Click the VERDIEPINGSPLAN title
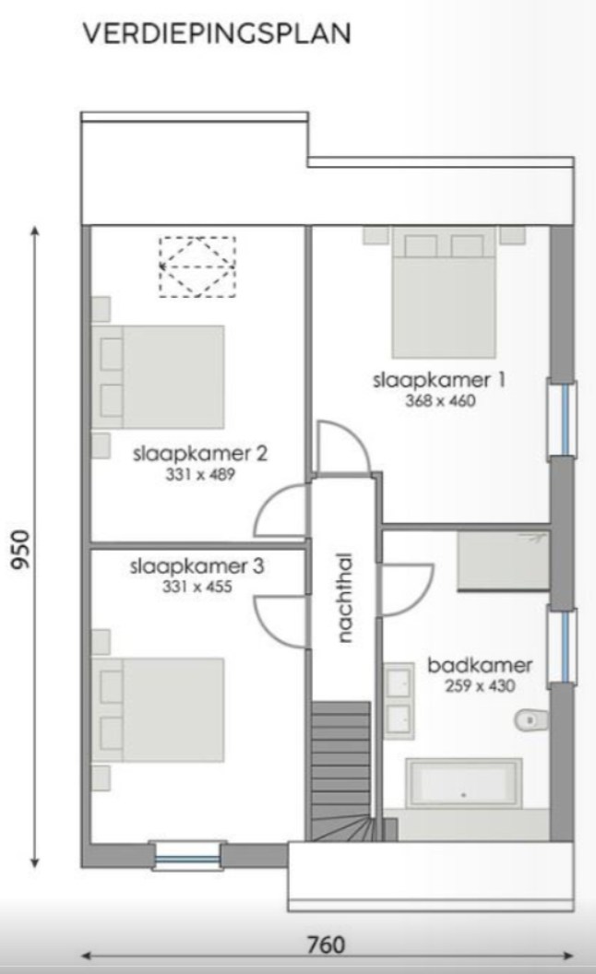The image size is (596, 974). click(x=217, y=34)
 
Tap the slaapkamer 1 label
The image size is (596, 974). click(x=439, y=380)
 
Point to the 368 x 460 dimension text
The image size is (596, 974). click(x=440, y=401)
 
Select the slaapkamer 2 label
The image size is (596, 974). click(x=199, y=455)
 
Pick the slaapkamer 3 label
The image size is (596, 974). click(x=197, y=564)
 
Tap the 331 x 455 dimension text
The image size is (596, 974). click(x=198, y=586)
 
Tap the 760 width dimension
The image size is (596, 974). click(x=325, y=944)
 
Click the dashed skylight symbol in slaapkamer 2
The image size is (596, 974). click(x=197, y=267)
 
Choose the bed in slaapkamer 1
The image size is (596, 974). click(x=444, y=295)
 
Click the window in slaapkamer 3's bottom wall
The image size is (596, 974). click(x=188, y=857)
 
